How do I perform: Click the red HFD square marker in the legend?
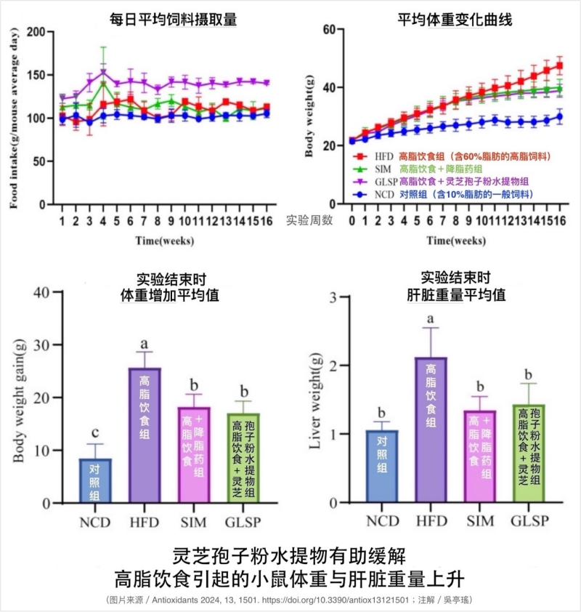(x=358, y=156)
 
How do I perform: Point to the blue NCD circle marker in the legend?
(x=358, y=194)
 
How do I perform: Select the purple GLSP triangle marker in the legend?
(x=358, y=182)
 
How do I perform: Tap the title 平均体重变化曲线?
(x=455, y=20)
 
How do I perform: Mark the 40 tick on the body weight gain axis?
(x=55, y=292)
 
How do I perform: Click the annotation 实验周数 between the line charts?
(x=309, y=220)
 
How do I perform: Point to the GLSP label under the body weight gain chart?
(x=244, y=521)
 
